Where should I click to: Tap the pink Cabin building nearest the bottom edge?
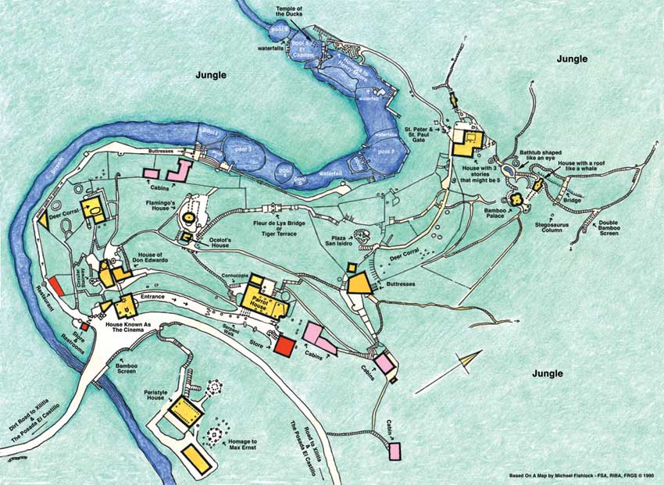coord(394,451)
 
